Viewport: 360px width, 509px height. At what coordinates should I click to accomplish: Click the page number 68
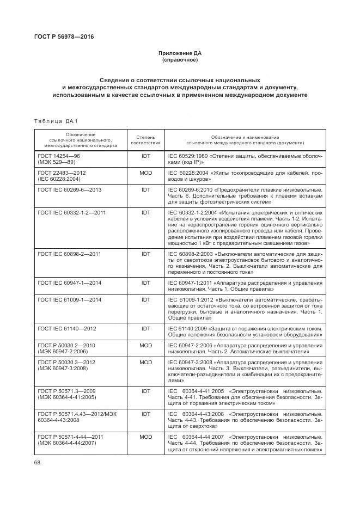click(x=38, y=462)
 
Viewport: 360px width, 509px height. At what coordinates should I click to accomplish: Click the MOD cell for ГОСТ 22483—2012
click(x=145, y=173)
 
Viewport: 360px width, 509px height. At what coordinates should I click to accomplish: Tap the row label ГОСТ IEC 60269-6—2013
click(x=69, y=189)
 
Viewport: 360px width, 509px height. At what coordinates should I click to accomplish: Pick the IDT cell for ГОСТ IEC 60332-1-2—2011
click(x=145, y=212)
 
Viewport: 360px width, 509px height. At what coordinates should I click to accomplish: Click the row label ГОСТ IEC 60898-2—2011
click(x=69, y=254)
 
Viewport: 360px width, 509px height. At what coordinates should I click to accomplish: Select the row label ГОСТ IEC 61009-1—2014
click(x=69, y=299)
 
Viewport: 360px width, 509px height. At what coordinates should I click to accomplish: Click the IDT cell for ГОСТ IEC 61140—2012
click(x=145, y=328)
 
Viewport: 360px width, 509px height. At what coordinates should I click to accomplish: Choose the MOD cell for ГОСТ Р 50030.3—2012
click(x=145, y=362)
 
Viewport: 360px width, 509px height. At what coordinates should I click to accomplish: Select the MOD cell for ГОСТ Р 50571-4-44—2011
click(x=145, y=437)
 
